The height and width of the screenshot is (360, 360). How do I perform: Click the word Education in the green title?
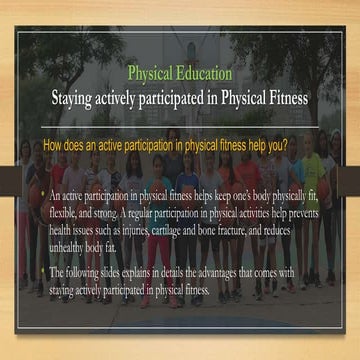click(202, 74)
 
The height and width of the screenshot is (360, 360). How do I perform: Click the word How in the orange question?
click(55, 145)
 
